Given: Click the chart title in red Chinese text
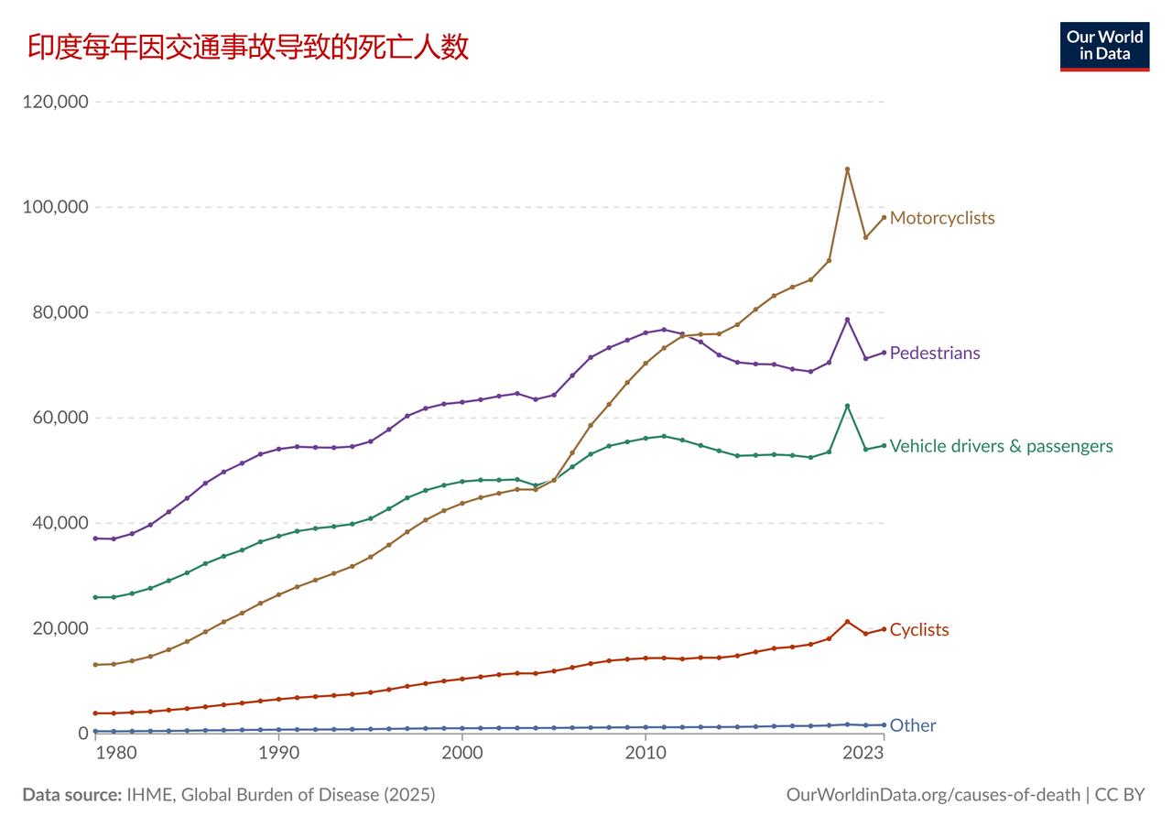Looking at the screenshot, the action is pos(247,47).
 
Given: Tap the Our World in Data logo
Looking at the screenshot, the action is pos(1104,47).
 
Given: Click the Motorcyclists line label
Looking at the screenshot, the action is pos(942,218).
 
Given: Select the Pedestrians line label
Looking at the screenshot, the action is pos(935,353).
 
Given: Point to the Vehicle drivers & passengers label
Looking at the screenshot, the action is pos(1001,446).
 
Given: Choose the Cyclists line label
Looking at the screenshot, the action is pos(918,630).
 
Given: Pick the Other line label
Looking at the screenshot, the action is pos(913,725).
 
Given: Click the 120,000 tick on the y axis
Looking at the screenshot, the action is pos(56,102).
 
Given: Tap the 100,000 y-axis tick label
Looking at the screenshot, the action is pos(56,207).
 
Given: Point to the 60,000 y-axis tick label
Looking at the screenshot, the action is pos(60,418).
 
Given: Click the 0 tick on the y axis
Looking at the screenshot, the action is pos(83,733).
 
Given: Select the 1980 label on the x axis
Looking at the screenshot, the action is pos(116,753).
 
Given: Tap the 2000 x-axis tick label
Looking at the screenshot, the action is pos(462,753).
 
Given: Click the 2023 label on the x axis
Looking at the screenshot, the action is pos(863,753).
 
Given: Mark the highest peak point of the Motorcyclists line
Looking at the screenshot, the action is pos(847,169).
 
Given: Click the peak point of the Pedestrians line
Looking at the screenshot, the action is pos(847,320).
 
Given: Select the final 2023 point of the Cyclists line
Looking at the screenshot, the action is pos(884,629).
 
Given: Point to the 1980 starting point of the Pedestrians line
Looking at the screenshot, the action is pos(95,539).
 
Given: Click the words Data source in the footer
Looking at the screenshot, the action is pos(72,795).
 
